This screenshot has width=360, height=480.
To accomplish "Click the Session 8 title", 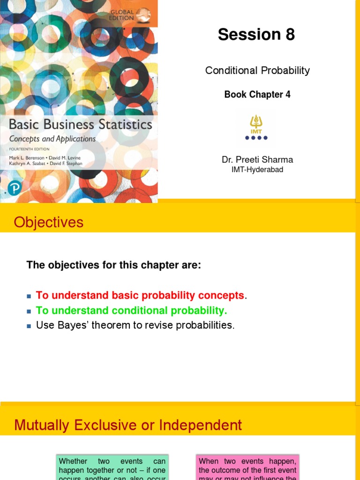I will pyautogui.click(x=256, y=35).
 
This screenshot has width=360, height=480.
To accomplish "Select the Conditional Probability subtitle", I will pyautogui.click(x=257, y=71).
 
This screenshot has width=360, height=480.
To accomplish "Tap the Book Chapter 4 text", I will pyautogui.click(x=257, y=95).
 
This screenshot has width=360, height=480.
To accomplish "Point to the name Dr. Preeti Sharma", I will pyautogui.click(x=257, y=160).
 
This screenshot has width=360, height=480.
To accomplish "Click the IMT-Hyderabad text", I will pyautogui.click(x=257, y=170).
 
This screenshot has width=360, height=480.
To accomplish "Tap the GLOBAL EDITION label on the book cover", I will pyautogui.click(x=121, y=15).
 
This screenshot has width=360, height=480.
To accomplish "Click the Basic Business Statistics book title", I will pyautogui.click(x=81, y=125).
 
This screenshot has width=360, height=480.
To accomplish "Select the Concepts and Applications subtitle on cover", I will pyautogui.click(x=52, y=139).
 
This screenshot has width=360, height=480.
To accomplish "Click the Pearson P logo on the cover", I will pyautogui.click(x=15, y=188).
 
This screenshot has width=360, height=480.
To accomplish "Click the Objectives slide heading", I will pyautogui.click(x=49, y=222).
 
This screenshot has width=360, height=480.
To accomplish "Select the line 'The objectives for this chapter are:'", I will pyautogui.click(x=114, y=265).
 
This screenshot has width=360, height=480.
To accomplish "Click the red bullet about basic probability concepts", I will pyautogui.click(x=140, y=296).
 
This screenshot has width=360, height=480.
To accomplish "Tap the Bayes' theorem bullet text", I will pyautogui.click(x=135, y=325).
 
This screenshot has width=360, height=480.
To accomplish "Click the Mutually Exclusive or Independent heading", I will pyautogui.click(x=128, y=425).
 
